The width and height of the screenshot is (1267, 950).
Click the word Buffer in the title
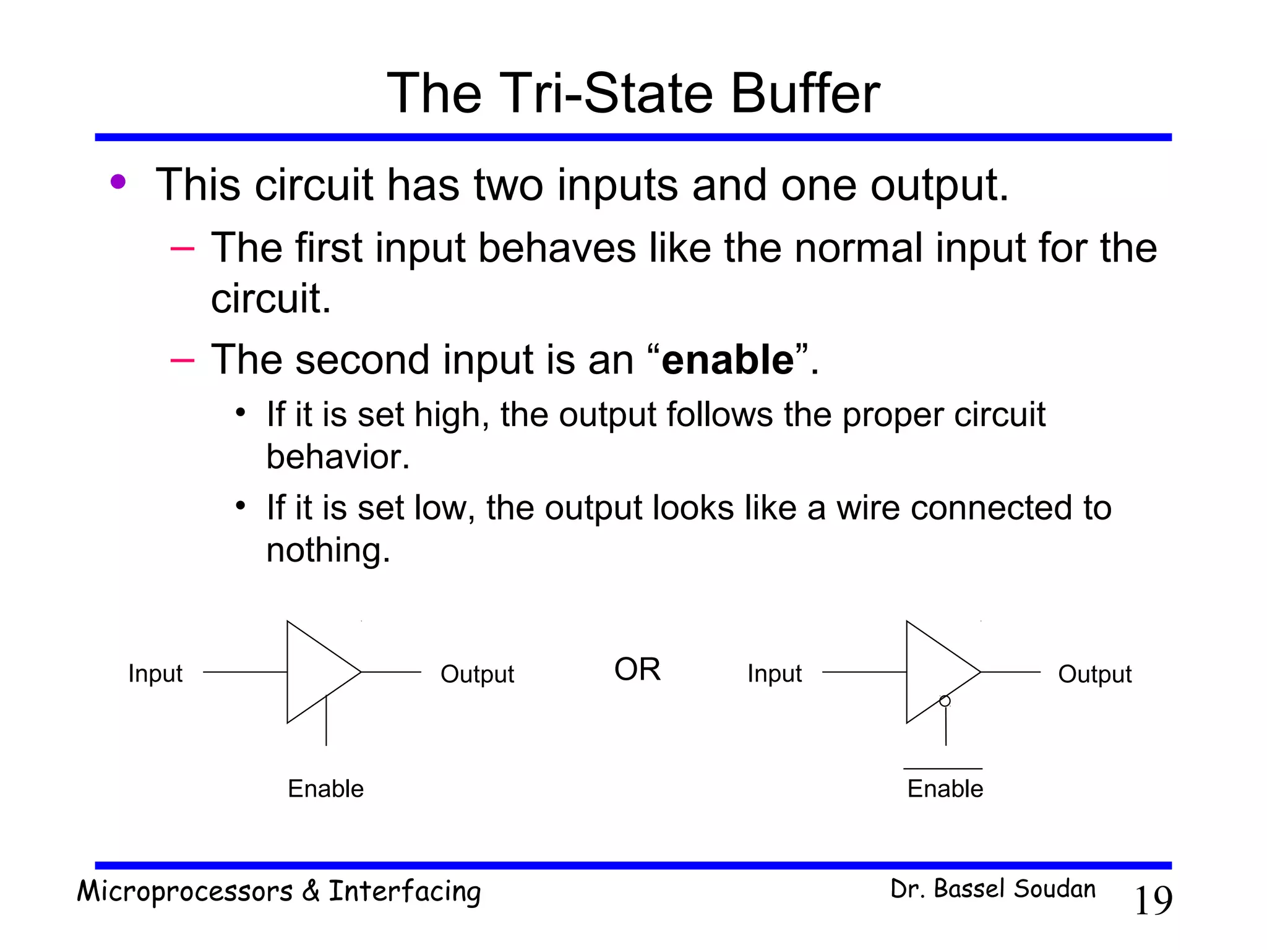click(x=805, y=93)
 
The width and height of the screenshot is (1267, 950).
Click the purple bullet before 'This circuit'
click(x=118, y=182)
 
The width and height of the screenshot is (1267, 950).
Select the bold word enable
click(x=728, y=360)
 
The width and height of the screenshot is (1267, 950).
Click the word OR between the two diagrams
click(x=637, y=669)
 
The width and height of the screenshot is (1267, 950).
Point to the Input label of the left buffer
click(x=155, y=674)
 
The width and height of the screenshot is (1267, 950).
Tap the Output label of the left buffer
click(x=477, y=674)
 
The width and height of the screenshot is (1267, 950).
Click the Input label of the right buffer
click(x=775, y=674)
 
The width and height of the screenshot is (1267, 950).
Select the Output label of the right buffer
click(x=1094, y=674)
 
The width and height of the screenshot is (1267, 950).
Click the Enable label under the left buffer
click(x=326, y=789)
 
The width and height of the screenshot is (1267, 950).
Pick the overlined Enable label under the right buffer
click(x=945, y=789)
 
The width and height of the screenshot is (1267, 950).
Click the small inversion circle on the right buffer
click(x=945, y=701)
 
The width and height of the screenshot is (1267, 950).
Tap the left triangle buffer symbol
click(x=316, y=672)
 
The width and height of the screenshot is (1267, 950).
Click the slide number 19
click(x=1153, y=901)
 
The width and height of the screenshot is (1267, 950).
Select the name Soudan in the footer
click(x=1055, y=889)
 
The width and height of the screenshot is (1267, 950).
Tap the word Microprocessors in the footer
click(x=184, y=891)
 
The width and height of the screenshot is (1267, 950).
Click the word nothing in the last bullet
click(x=328, y=550)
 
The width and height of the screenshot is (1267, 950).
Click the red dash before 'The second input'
click(x=183, y=360)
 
